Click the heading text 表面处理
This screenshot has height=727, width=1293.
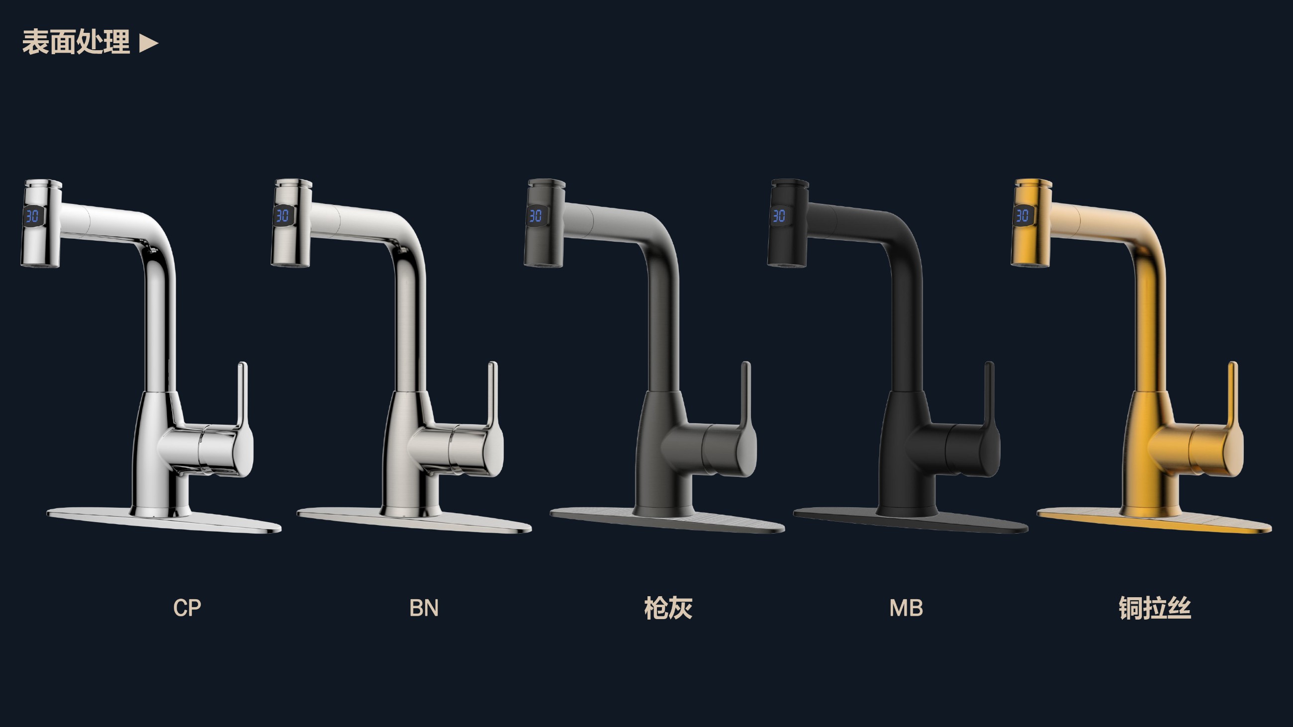pyautogui.click(x=76, y=42)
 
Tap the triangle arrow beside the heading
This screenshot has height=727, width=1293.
pyautogui.click(x=149, y=43)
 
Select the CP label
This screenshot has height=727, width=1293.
pyautogui.click(x=187, y=608)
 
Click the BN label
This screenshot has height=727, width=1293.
pyautogui.click(x=424, y=608)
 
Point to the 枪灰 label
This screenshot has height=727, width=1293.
pyautogui.click(x=668, y=608)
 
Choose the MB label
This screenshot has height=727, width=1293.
pyautogui.click(x=906, y=608)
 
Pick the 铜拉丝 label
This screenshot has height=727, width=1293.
pyautogui.click(x=1154, y=608)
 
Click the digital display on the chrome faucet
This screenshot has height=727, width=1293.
pyautogui.click(x=33, y=216)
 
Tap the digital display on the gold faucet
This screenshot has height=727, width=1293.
pyautogui.click(x=1022, y=216)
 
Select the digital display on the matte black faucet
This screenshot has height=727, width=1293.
pyautogui.click(x=779, y=216)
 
